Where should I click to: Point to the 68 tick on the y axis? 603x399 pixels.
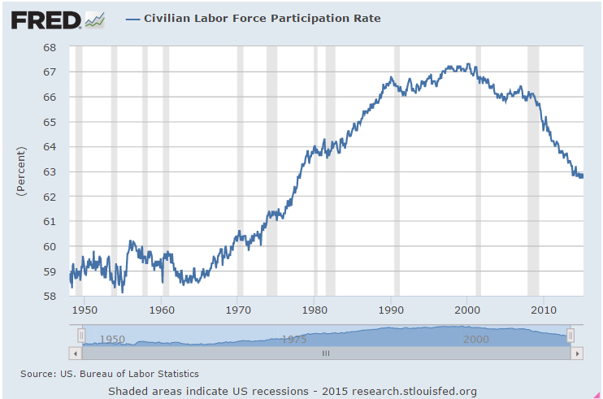[50, 47]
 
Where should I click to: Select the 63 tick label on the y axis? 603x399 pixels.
[50, 171]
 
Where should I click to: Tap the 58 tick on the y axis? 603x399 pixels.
[50, 296]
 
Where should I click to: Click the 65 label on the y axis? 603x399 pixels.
[50, 122]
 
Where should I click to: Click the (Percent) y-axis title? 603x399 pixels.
[22, 171]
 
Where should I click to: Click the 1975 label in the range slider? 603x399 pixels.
[294, 340]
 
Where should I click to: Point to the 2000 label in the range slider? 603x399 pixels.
[475, 340]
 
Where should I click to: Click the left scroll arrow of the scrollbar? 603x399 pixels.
[75, 353]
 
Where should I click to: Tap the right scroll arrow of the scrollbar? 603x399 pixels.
[577, 353]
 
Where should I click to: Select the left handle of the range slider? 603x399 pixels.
[81, 335]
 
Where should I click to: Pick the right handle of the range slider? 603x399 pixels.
[570, 335]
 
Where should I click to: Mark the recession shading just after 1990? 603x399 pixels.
[397, 171]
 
